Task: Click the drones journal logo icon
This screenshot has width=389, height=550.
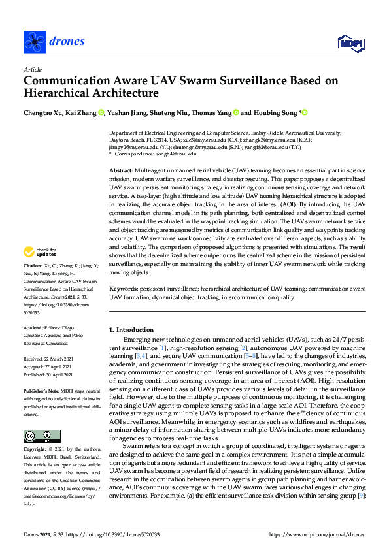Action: (34, 41)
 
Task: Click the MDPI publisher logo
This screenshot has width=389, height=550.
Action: (350, 43)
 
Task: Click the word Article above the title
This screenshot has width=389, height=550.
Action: (33, 69)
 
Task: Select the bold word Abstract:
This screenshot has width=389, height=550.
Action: (122, 170)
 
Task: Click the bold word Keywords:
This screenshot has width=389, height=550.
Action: (124, 288)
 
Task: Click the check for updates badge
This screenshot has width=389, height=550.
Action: (41, 251)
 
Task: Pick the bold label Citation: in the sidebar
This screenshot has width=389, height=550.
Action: (33, 266)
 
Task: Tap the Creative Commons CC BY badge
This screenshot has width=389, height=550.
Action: (42, 436)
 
